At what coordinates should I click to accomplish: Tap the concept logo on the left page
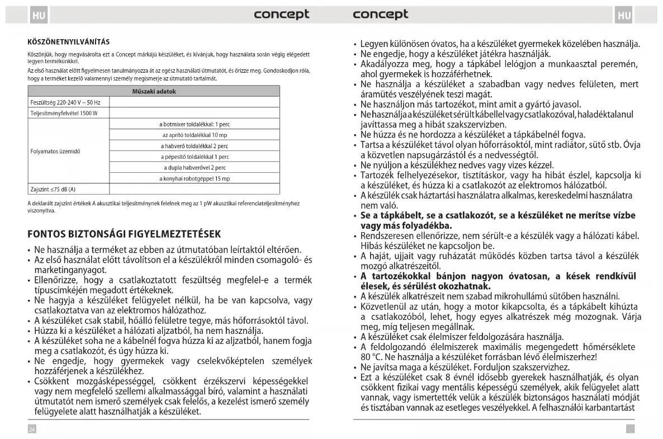point(281,15)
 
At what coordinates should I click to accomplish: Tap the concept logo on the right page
point(381,15)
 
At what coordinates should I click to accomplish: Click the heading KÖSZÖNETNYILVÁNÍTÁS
point(68,42)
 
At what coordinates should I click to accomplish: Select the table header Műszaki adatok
point(153,91)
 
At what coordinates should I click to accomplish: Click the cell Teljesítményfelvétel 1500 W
point(64,114)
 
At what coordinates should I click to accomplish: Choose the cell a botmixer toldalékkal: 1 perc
point(195,124)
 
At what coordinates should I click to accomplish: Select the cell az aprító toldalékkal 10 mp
point(195,135)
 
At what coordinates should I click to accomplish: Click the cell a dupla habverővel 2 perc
point(195,167)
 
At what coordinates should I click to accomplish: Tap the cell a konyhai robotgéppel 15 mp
point(195,178)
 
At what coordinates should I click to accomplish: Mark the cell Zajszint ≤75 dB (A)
point(53,190)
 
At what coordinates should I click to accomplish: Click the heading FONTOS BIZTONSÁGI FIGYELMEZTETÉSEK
point(124,233)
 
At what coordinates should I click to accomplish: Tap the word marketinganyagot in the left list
point(70,270)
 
